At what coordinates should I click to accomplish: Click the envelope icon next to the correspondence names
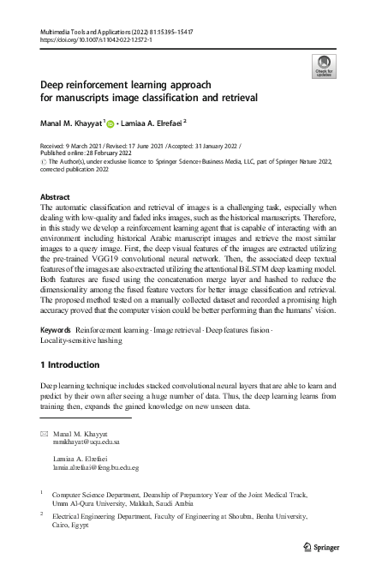pos(45,435)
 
